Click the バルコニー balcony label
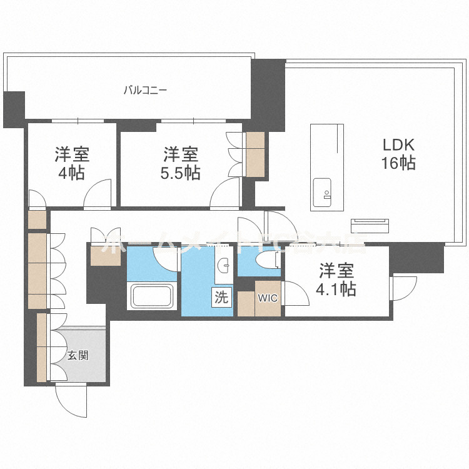tap(144, 90)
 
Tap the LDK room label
tap(399, 144)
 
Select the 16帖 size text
tap(399, 164)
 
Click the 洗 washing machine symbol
tap(221, 298)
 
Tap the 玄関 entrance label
tap(78, 356)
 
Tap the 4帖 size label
tap(71, 173)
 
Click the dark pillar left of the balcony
tap(13, 109)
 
